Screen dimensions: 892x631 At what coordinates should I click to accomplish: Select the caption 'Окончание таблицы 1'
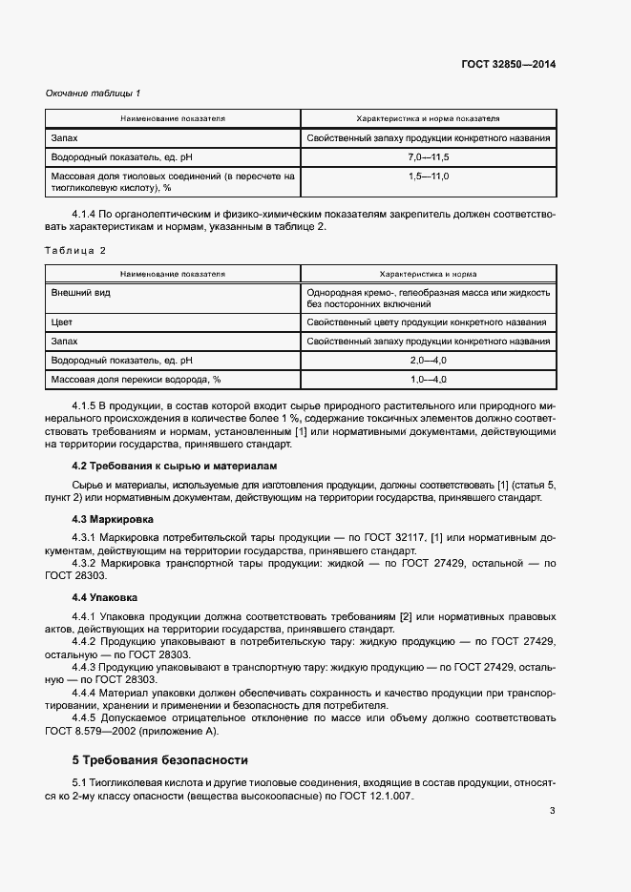pyautogui.click(x=94, y=93)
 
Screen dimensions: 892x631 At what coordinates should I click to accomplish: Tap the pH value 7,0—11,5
pyautogui.click(x=428, y=156)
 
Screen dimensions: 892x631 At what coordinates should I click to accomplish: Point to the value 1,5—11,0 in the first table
pyautogui.click(x=428, y=176)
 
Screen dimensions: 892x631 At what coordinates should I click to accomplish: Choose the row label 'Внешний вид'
pyautogui.click(x=81, y=292)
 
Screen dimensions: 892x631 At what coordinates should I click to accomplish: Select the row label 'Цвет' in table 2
pyautogui.click(x=62, y=322)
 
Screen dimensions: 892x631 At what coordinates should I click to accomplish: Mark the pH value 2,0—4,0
pyautogui.click(x=428, y=360)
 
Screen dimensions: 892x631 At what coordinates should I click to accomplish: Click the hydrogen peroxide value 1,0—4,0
pyautogui.click(x=428, y=380)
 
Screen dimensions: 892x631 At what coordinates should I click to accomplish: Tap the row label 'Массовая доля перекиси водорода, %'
pyautogui.click(x=136, y=380)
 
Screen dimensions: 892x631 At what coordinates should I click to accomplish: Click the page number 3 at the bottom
pyautogui.click(x=552, y=839)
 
